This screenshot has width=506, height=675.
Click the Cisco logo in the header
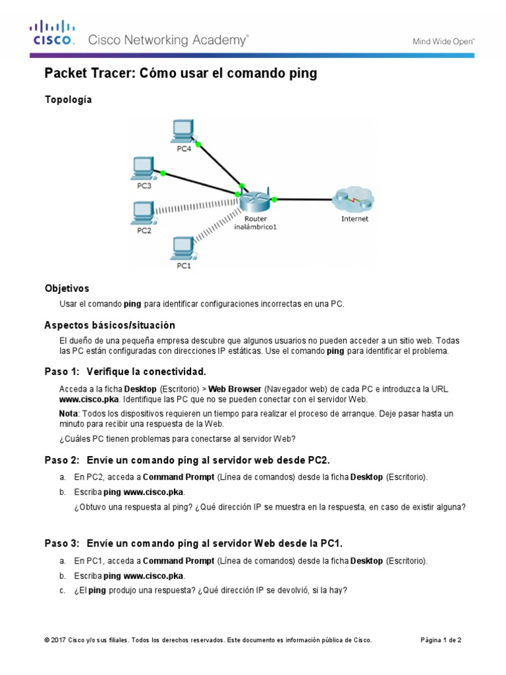point(52,33)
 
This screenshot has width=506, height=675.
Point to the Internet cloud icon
point(354,198)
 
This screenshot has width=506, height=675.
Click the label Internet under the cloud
point(354,219)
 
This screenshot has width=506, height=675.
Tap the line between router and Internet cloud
point(303,198)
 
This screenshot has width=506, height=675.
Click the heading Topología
point(68,100)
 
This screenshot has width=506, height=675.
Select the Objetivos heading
point(67,289)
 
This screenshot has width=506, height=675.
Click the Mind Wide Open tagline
point(443,41)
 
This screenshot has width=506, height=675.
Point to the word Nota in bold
point(68,413)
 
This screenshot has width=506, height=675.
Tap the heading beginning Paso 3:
point(193,543)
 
